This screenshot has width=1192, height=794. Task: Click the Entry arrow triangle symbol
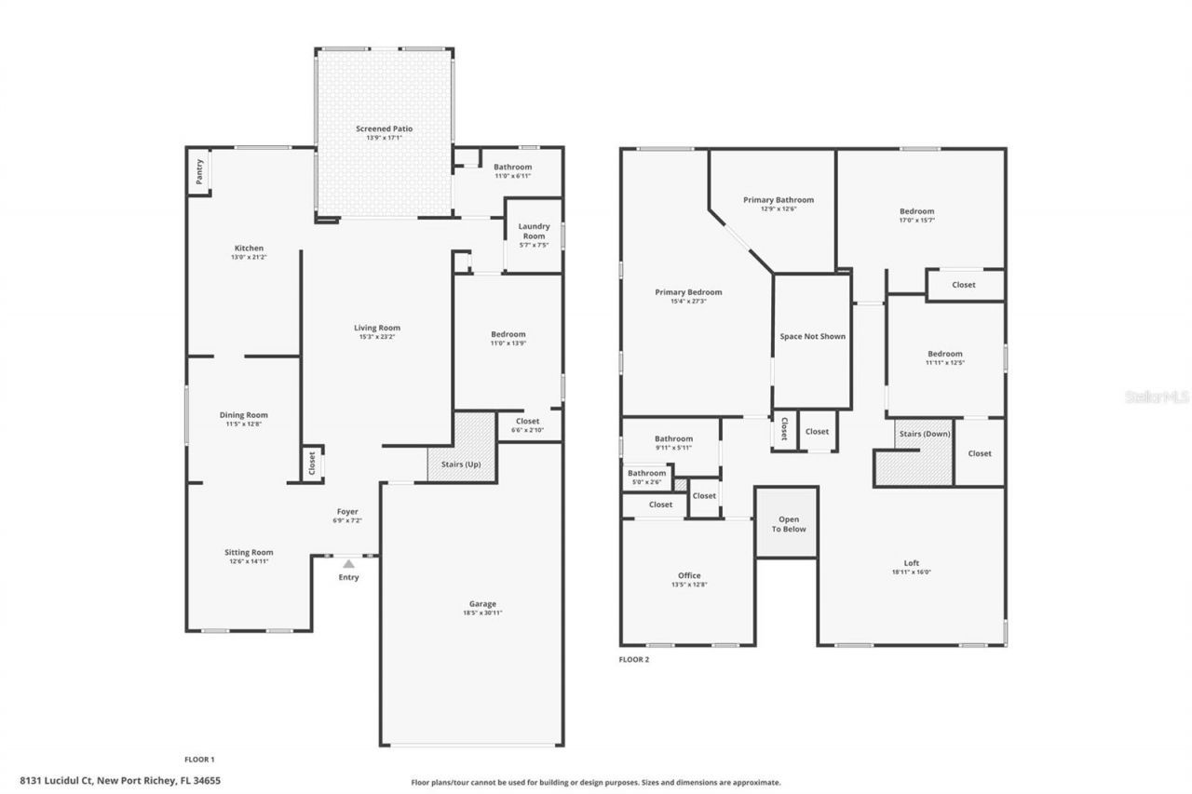point(348,563)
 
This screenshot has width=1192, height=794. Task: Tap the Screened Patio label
point(384,128)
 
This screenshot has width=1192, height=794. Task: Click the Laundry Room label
point(534,231)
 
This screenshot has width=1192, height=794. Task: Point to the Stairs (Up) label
point(460,464)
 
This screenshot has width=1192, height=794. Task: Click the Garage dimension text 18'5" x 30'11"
point(482,612)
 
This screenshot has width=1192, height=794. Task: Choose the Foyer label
point(347,512)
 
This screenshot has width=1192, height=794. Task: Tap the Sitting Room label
point(249,552)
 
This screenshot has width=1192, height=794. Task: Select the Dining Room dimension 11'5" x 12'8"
point(243,424)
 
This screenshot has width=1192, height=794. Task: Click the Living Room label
point(376,328)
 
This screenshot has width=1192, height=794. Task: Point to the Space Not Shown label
point(812,336)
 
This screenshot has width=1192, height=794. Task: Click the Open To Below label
point(788,524)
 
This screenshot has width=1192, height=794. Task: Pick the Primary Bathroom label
point(778,199)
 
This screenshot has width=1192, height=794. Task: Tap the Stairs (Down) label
point(924,434)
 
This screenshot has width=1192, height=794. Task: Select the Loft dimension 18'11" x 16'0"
point(911,572)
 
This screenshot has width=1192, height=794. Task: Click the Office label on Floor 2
point(689,575)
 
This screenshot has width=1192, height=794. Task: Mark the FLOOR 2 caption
point(634,659)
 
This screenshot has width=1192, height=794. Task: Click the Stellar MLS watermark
point(1157,397)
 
